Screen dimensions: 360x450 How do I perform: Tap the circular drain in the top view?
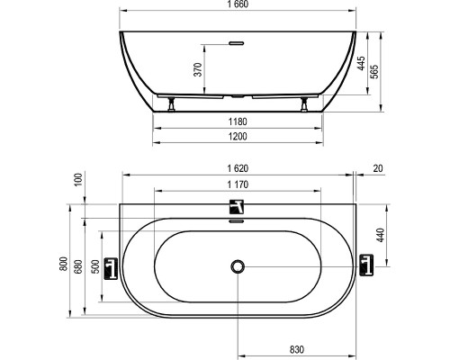click(x=238, y=265)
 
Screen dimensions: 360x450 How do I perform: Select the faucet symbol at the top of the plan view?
click(x=238, y=207)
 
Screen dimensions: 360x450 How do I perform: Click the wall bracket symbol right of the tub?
click(x=365, y=266)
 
